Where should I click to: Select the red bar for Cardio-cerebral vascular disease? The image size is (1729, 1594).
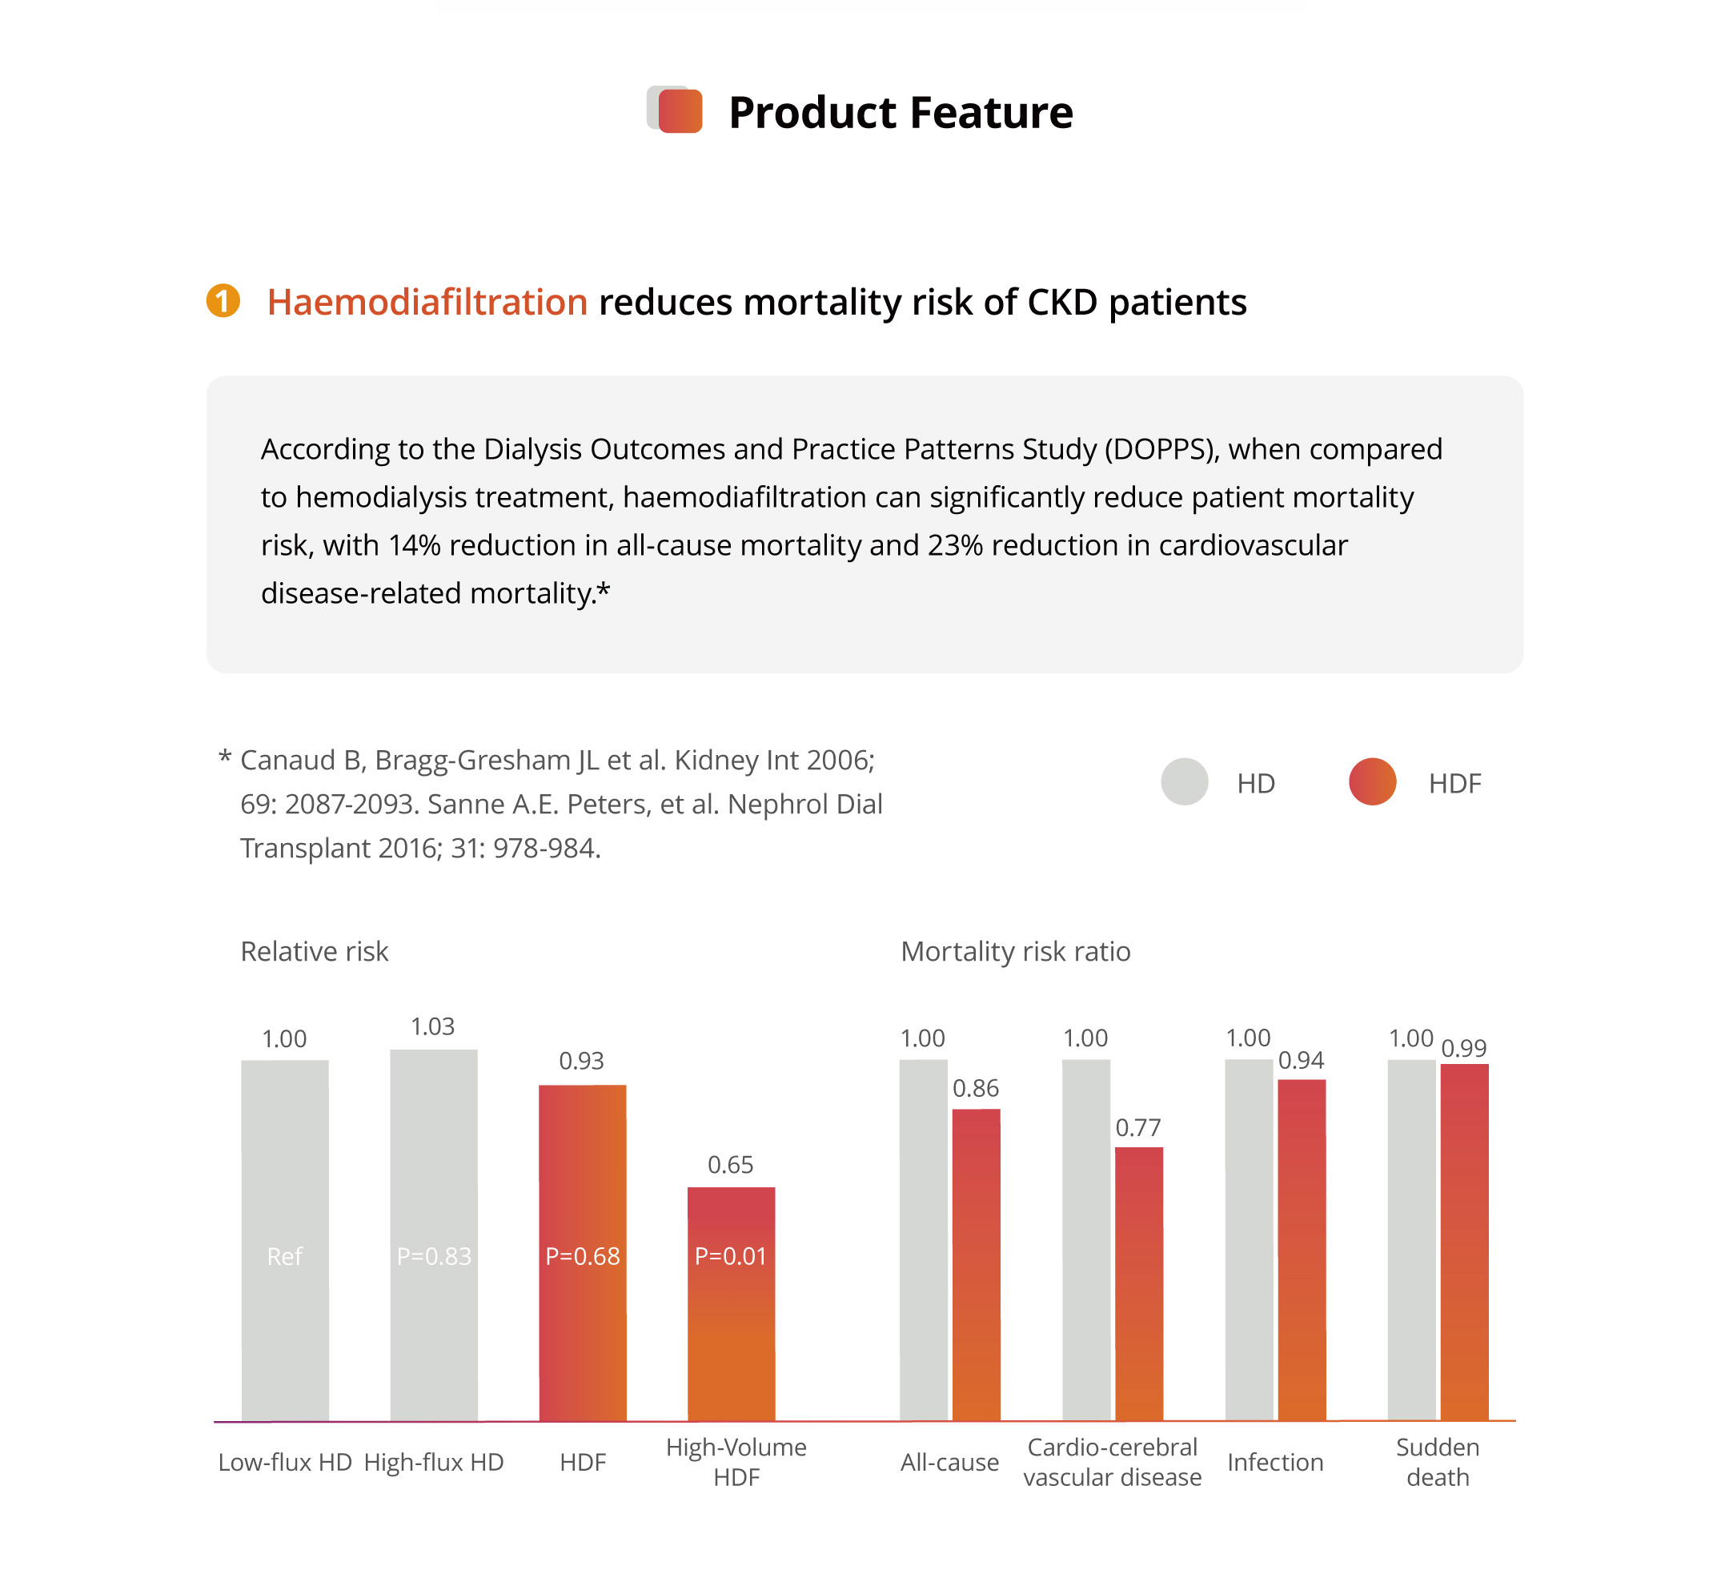1138,1285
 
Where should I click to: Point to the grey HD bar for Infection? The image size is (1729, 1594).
1248,1242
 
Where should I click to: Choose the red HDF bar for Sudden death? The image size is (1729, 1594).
1463,1242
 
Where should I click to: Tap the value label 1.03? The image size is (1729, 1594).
432,1026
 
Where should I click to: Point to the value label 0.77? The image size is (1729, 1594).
1138,1127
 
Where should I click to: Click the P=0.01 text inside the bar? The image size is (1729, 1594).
730,1256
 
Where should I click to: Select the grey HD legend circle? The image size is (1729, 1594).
1184,781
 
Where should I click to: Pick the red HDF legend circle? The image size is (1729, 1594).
1372,781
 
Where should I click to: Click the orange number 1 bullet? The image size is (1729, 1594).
223,301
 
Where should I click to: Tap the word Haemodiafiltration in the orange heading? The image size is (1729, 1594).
427,303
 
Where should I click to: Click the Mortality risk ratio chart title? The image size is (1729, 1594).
1015,951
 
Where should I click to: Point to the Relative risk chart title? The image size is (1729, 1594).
314,951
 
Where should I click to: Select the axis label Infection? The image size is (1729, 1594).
1274,1462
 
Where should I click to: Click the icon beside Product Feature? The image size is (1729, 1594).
676,110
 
